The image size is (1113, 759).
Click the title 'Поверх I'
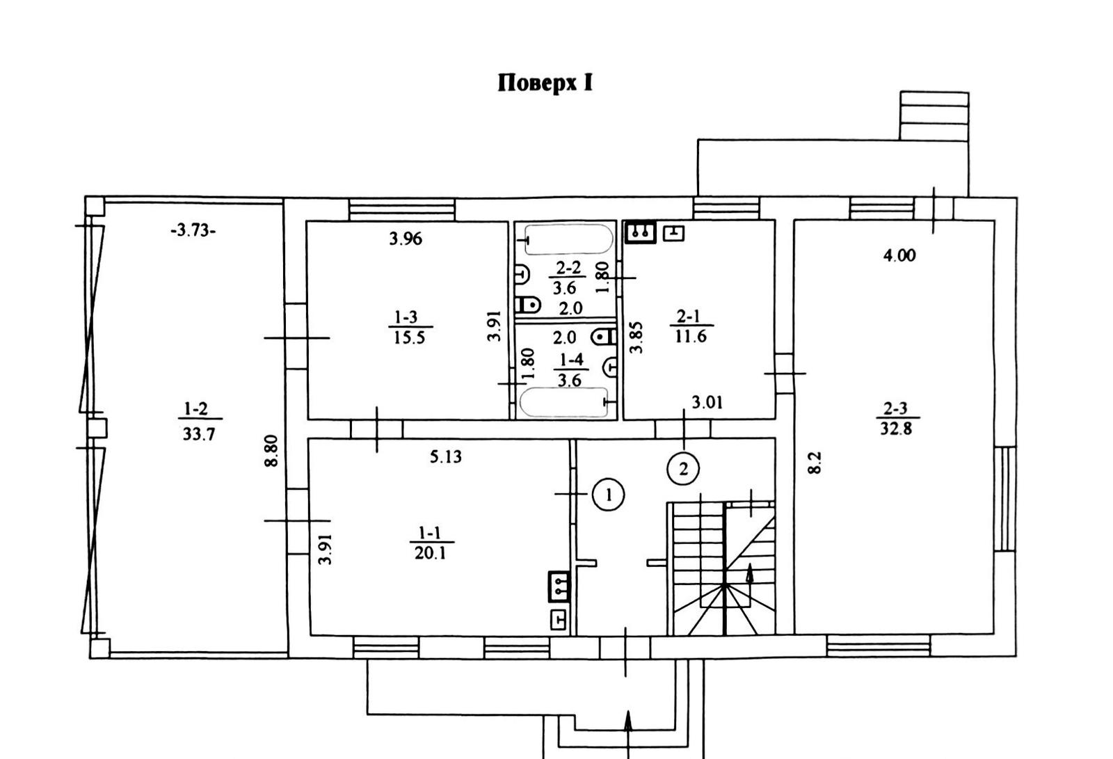(545, 83)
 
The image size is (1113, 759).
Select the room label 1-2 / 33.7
(199, 422)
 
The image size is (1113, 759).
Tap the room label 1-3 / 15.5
(408, 328)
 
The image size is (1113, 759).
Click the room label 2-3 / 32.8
(896, 419)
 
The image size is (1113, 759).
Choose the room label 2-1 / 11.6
(689, 326)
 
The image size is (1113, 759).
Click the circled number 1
(609, 495)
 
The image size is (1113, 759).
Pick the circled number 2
(682, 469)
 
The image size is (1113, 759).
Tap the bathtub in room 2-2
(568, 240)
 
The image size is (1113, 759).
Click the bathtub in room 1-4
(563, 403)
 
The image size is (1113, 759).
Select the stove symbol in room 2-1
(641, 232)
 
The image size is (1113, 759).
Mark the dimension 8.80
(272, 451)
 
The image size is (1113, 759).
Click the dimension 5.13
(446, 457)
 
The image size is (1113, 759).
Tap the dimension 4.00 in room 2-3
(899, 255)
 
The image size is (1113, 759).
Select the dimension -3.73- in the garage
(193, 231)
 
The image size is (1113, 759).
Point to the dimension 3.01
(707, 402)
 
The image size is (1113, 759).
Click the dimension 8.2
(815, 463)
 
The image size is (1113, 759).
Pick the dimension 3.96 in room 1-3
(406, 239)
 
